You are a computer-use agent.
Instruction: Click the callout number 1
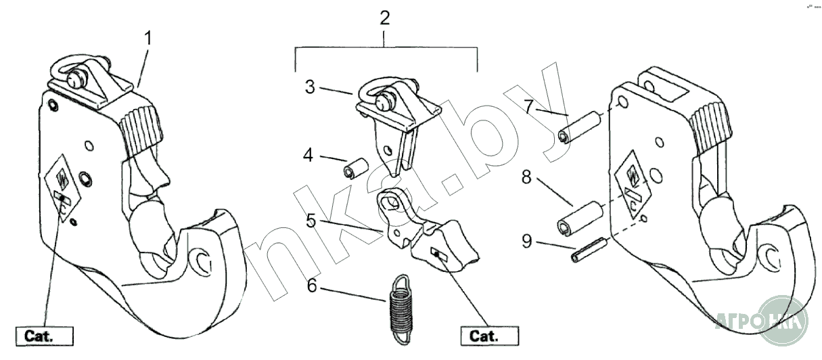149,38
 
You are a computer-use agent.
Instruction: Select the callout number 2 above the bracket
385,18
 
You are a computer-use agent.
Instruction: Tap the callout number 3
310,87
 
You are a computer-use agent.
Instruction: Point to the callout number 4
309,156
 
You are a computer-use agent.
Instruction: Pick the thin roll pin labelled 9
588,251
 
